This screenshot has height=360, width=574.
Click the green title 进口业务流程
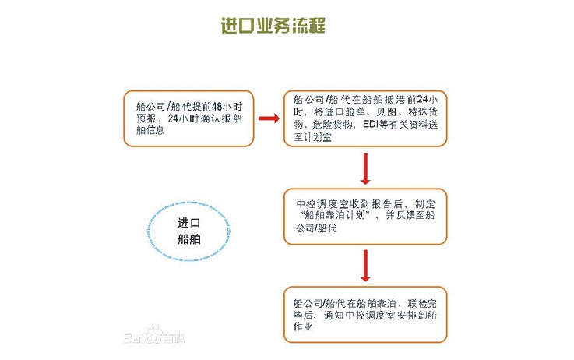tap(273, 26)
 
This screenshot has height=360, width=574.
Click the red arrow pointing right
tap(269, 118)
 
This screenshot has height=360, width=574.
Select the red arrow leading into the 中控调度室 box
tap(365, 168)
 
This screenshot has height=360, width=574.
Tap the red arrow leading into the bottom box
tap(365, 266)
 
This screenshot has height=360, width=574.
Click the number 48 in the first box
tap(217, 107)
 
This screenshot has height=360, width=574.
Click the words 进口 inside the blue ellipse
tap(189, 223)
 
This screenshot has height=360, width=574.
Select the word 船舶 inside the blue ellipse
tap(189, 239)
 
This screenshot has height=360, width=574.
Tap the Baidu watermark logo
tap(153, 335)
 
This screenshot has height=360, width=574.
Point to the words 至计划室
tap(312, 137)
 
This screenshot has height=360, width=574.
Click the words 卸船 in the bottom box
tap(426, 315)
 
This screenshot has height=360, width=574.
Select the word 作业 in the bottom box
tap(303, 326)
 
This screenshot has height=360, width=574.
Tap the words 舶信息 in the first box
tap(150, 130)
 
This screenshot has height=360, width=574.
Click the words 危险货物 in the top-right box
tap(333, 125)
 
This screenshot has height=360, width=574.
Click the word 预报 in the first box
tap(146, 118)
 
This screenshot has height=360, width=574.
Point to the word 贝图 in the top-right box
tap(386, 111)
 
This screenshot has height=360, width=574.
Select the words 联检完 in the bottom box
tap(422, 303)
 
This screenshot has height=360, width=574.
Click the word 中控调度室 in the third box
tap(322, 203)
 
